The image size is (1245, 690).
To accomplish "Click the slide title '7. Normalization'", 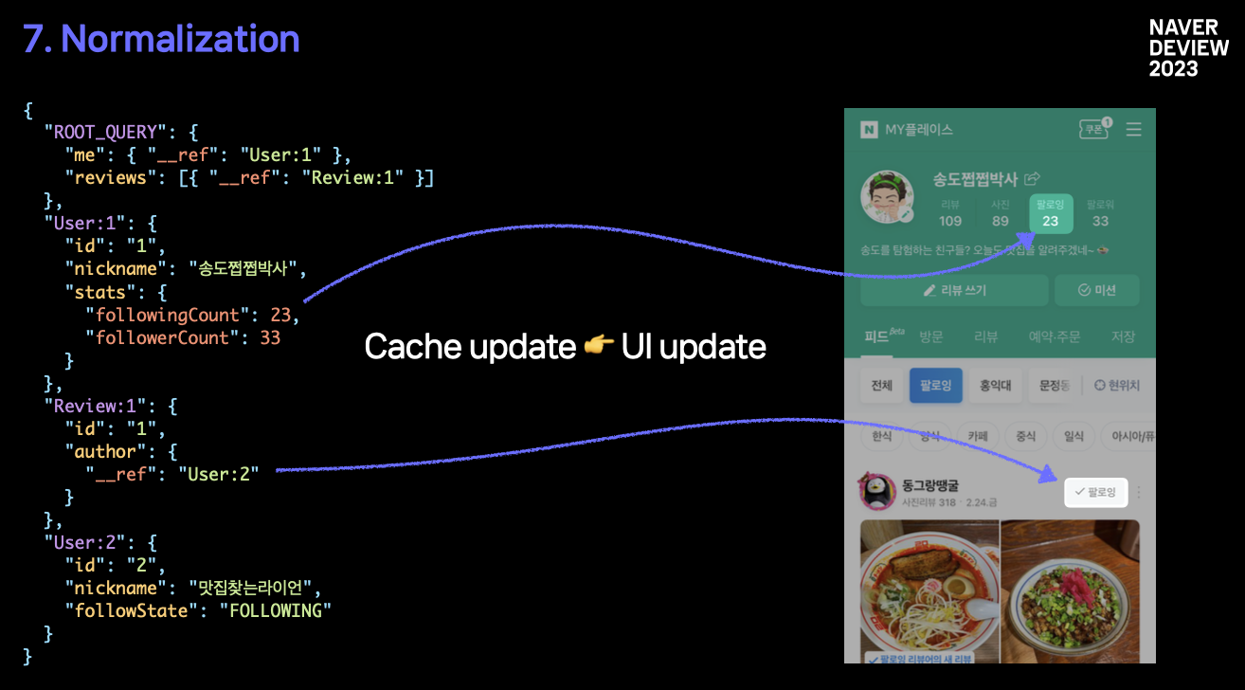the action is [x=161, y=39].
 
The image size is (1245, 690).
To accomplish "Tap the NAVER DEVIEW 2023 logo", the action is [x=1188, y=48].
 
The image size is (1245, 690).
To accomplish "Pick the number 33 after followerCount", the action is [x=270, y=337].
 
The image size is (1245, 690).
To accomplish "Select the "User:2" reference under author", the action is [x=218, y=474].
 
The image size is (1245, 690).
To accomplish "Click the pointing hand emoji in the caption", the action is [x=598, y=347].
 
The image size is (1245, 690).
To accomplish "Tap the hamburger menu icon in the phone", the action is [x=1133, y=130].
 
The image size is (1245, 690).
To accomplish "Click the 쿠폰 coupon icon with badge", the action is [x=1095, y=129].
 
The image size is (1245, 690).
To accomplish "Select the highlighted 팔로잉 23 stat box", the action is [x=1051, y=213].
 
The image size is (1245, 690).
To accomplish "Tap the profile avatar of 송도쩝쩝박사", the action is [x=886, y=198].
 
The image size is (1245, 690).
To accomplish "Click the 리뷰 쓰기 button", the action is [x=954, y=290].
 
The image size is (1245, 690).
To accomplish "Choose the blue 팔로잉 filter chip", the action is [x=935, y=386].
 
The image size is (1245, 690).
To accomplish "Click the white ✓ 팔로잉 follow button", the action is [x=1095, y=492].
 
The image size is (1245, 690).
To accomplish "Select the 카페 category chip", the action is [x=977, y=436].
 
